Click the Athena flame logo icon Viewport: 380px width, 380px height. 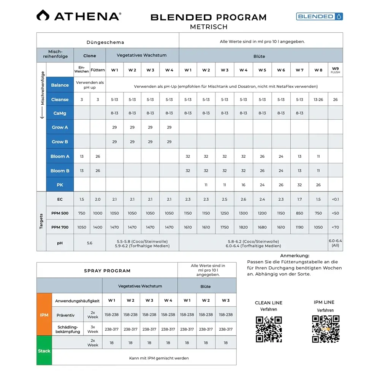tap(43, 16)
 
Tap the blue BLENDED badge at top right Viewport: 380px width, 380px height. tap(319, 16)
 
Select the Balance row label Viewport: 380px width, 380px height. tap(60, 85)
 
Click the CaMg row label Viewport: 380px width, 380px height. tap(60, 113)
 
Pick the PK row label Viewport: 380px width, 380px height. tap(60, 185)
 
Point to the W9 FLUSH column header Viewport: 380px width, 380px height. tap(335, 70)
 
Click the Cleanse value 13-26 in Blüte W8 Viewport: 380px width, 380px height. tap(318, 100)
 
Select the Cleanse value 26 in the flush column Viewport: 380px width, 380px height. tap(335, 100)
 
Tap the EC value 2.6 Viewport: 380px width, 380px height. tap(243, 199)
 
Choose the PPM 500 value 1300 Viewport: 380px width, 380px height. tap(243, 213)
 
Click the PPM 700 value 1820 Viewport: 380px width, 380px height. tap(243, 227)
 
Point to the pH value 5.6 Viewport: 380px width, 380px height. tap(89, 243)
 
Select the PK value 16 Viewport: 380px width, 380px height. tap(243, 185)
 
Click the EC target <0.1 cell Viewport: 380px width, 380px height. tap(335, 199)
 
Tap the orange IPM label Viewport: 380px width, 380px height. tap(44, 315)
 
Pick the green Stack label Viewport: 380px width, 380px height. tap(44, 351)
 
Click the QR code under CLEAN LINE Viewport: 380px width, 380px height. tap(269, 329)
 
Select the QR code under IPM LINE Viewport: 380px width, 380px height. tap(326, 329)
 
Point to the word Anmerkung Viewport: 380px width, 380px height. tap(294, 256)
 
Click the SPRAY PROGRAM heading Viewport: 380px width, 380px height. tap(107, 271)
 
